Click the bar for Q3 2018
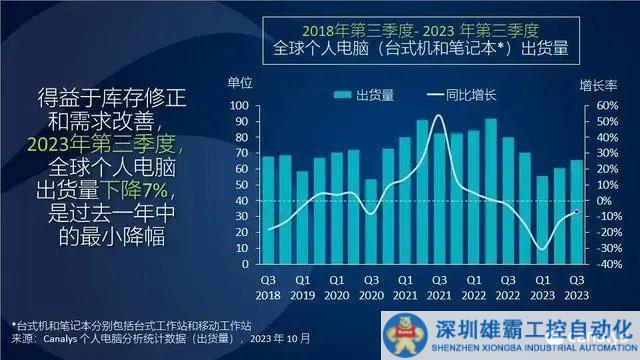coord(267,210)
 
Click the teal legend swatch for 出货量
coord(340,95)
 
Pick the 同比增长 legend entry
coord(457,95)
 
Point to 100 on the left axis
coord(240,105)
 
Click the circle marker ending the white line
coord(577,211)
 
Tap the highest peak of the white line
coord(439,116)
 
